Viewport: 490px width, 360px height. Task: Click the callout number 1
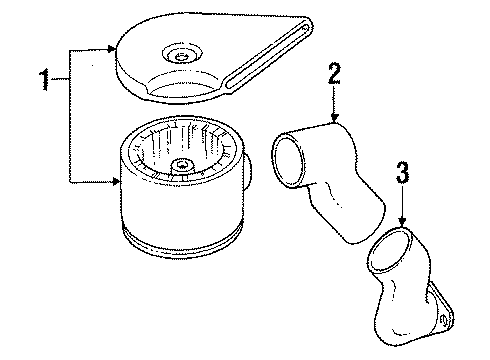coord(44,79)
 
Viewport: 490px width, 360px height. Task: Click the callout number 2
coord(334,73)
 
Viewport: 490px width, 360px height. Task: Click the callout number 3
coord(403,172)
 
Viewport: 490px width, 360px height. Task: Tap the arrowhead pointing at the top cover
coord(111,49)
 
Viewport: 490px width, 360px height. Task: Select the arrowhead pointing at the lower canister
coord(116,182)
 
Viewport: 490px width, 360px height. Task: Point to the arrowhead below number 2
coord(334,118)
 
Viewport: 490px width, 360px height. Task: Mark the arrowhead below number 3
coord(403,222)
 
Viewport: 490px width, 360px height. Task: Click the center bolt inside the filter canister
coord(182,164)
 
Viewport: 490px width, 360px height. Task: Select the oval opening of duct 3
coord(390,249)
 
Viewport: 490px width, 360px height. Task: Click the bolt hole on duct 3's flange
coord(444,321)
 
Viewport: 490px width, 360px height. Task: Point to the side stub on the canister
coord(247,171)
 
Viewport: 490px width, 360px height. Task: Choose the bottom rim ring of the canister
coord(182,242)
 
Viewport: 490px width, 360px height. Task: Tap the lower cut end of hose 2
coord(367,223)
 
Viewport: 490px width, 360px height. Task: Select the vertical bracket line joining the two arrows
coord(70,116)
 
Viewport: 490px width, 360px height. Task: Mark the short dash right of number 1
coord(60,79)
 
